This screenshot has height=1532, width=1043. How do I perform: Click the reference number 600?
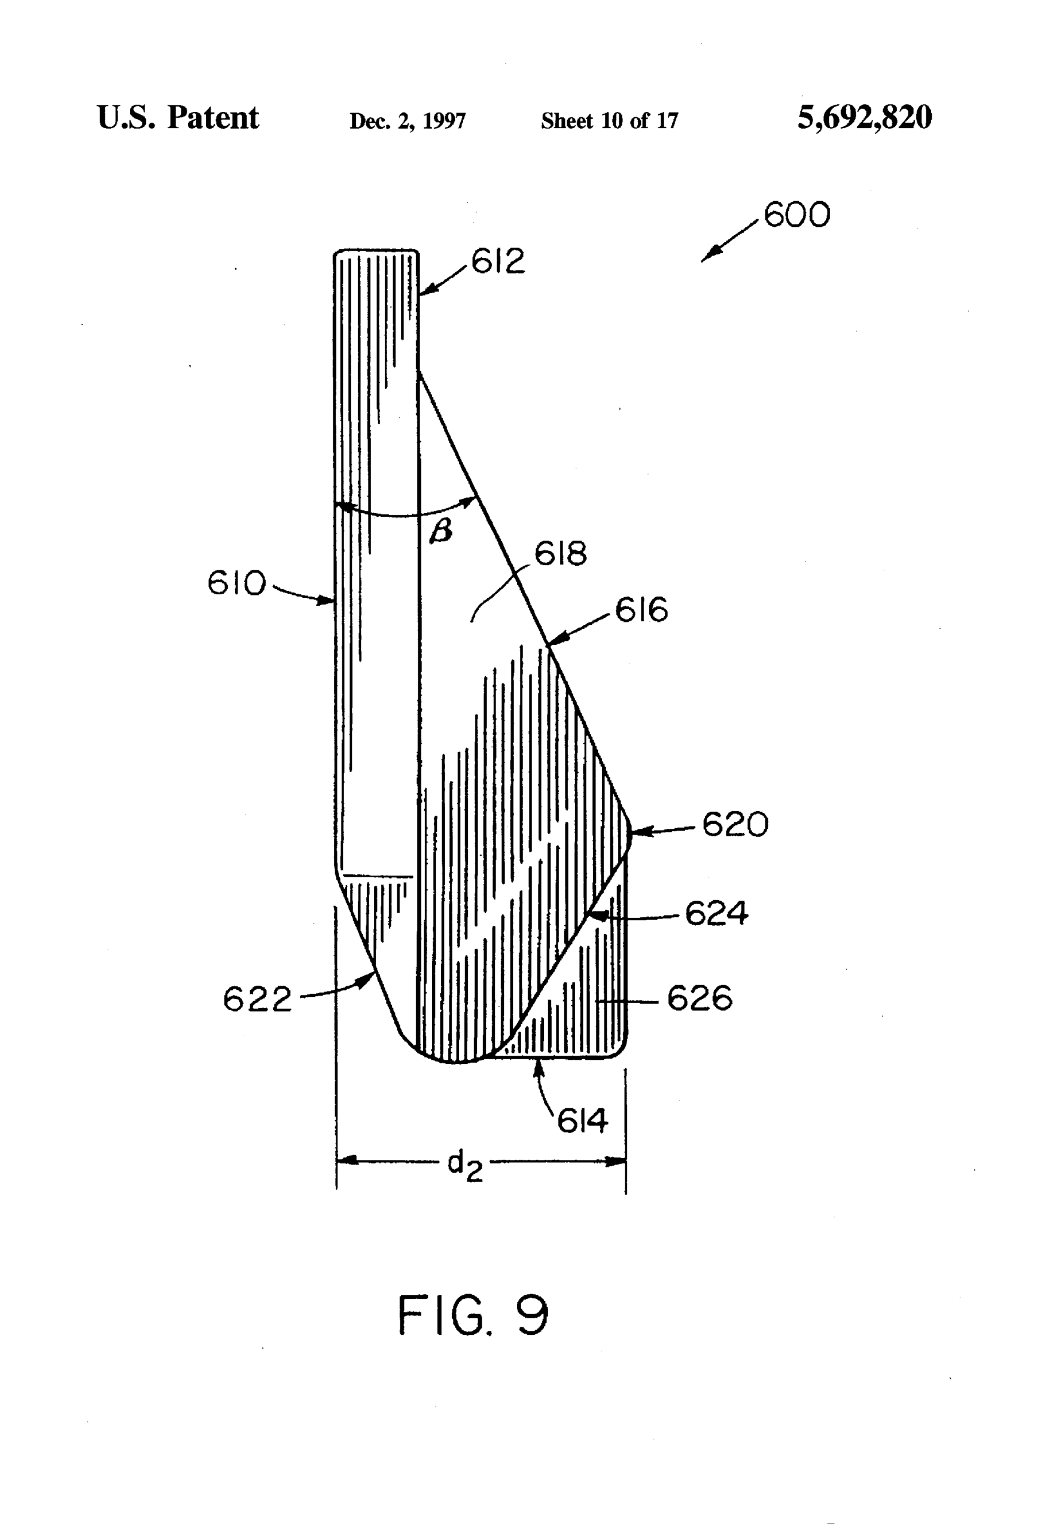pyautogui.click(x=797, y=215)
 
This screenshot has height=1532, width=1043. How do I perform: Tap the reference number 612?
pyautogui.click(x=498, y=261)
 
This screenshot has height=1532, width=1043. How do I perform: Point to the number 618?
pyautogui.click(x=561, y=553)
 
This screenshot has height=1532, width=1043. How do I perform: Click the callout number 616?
pyautogui.click(x=641, y=610)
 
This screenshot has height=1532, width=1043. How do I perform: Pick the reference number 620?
pyautogui.click(x=735, y=824)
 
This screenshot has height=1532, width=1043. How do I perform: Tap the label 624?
pyautogui.click(x=717, y=914)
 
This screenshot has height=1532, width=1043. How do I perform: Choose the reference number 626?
pyautogui.click(x=700, y=998)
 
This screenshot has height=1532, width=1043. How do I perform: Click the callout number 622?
pyautogui.click(x=257, y=999)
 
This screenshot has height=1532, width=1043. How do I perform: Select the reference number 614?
pyautogui.click(x=583, y=1121)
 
